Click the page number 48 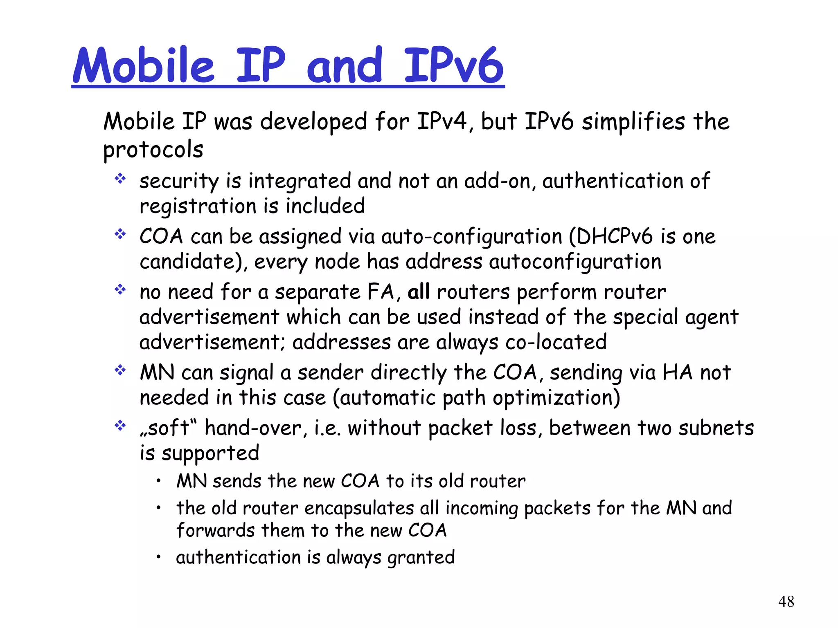[x=786, y=601]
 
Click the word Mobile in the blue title [x=144, y=65]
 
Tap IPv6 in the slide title [x=453, y=65]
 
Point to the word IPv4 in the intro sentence [x=442, y=121]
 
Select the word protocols [x=153, y=150]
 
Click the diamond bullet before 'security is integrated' [x=120, y=179]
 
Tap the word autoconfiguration [x=575, y=262]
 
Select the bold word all [x=418, y=292]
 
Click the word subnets [x=716, y=428]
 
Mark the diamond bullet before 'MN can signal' [x=120, y=370]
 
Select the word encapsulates [x=359, y=508]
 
